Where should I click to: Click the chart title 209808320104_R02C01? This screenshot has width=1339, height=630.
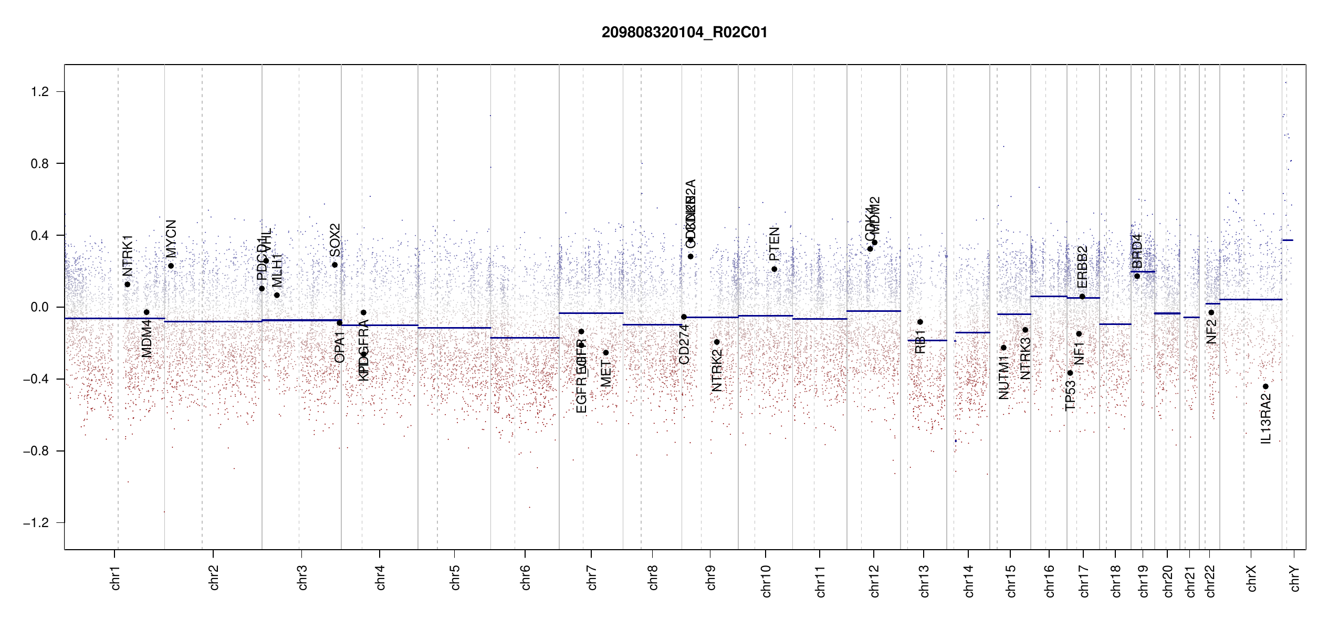click(x=684, y=33)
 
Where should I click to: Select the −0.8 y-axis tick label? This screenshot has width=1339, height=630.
click(x=36, y=451)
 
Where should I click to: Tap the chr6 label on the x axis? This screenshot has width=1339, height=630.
click(x=526, y=577)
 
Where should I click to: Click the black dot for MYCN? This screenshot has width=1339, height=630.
click(x=171, y=266)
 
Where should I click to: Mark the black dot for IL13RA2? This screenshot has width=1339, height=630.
click(x=1265, y=386)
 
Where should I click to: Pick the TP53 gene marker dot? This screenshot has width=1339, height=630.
click(x=1070, y=373)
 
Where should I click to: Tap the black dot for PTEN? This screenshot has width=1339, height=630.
click(x=774, y=269)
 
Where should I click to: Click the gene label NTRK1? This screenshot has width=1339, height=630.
click(x=128, y=256)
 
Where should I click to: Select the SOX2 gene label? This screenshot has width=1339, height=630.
click(x=335, y=240)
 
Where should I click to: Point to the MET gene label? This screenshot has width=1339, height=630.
click(x=606, y=373)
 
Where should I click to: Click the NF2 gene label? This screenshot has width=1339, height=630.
click(x=1211, y=332)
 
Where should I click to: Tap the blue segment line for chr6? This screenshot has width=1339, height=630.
click(x=525, y=338)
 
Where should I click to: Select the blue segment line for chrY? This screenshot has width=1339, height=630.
click(x=1288, y=240)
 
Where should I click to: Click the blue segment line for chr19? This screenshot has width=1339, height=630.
click(x=1142, y=271)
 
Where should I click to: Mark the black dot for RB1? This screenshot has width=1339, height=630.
click(x=920, y=322)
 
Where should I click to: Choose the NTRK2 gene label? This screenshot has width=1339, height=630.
click(x=717, y=370)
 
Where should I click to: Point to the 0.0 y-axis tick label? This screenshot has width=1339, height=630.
click(x=39, y=307)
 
